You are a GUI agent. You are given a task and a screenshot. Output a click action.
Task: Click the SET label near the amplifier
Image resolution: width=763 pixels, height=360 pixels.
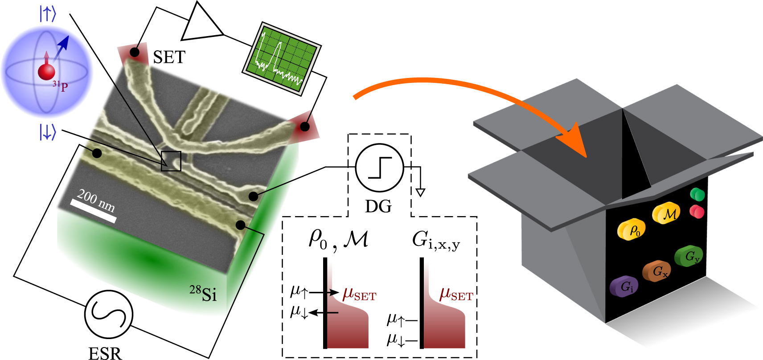click(169, 57)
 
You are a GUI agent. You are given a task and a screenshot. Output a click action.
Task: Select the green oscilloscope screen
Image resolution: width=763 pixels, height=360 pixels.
click(282, 58)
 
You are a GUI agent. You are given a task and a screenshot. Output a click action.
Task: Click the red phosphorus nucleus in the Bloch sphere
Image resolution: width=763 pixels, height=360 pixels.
click(46, 72)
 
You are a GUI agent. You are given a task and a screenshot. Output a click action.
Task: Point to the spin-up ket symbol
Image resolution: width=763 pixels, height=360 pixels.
click(48, 14)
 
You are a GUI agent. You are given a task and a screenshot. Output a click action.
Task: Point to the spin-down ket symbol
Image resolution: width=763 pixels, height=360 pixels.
click(48, 132)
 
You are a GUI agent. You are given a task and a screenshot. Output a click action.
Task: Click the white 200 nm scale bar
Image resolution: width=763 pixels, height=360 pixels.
click(94, 211)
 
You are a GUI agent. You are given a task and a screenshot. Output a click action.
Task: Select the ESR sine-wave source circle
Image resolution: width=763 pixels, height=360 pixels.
click(108, 314)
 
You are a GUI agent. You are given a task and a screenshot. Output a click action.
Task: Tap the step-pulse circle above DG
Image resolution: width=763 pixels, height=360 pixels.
click(379, 168)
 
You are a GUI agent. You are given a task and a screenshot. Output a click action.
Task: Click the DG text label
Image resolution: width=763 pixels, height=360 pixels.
click(378, 206)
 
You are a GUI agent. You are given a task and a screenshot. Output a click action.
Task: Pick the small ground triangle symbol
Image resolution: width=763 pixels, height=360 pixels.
click(420, 192)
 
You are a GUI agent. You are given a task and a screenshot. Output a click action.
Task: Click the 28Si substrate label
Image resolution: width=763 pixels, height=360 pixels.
click(203, 294)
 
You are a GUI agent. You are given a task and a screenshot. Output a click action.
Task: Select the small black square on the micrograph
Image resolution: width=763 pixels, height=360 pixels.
click(171, 161)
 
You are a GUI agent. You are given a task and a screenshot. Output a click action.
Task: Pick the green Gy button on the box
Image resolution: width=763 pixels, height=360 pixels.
click(689, 256)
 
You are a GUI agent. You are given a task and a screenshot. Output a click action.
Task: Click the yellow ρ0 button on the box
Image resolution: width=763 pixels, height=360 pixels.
click(632, 229)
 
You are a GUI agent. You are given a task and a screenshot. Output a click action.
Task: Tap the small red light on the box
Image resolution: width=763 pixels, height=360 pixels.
click(697, 211)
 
